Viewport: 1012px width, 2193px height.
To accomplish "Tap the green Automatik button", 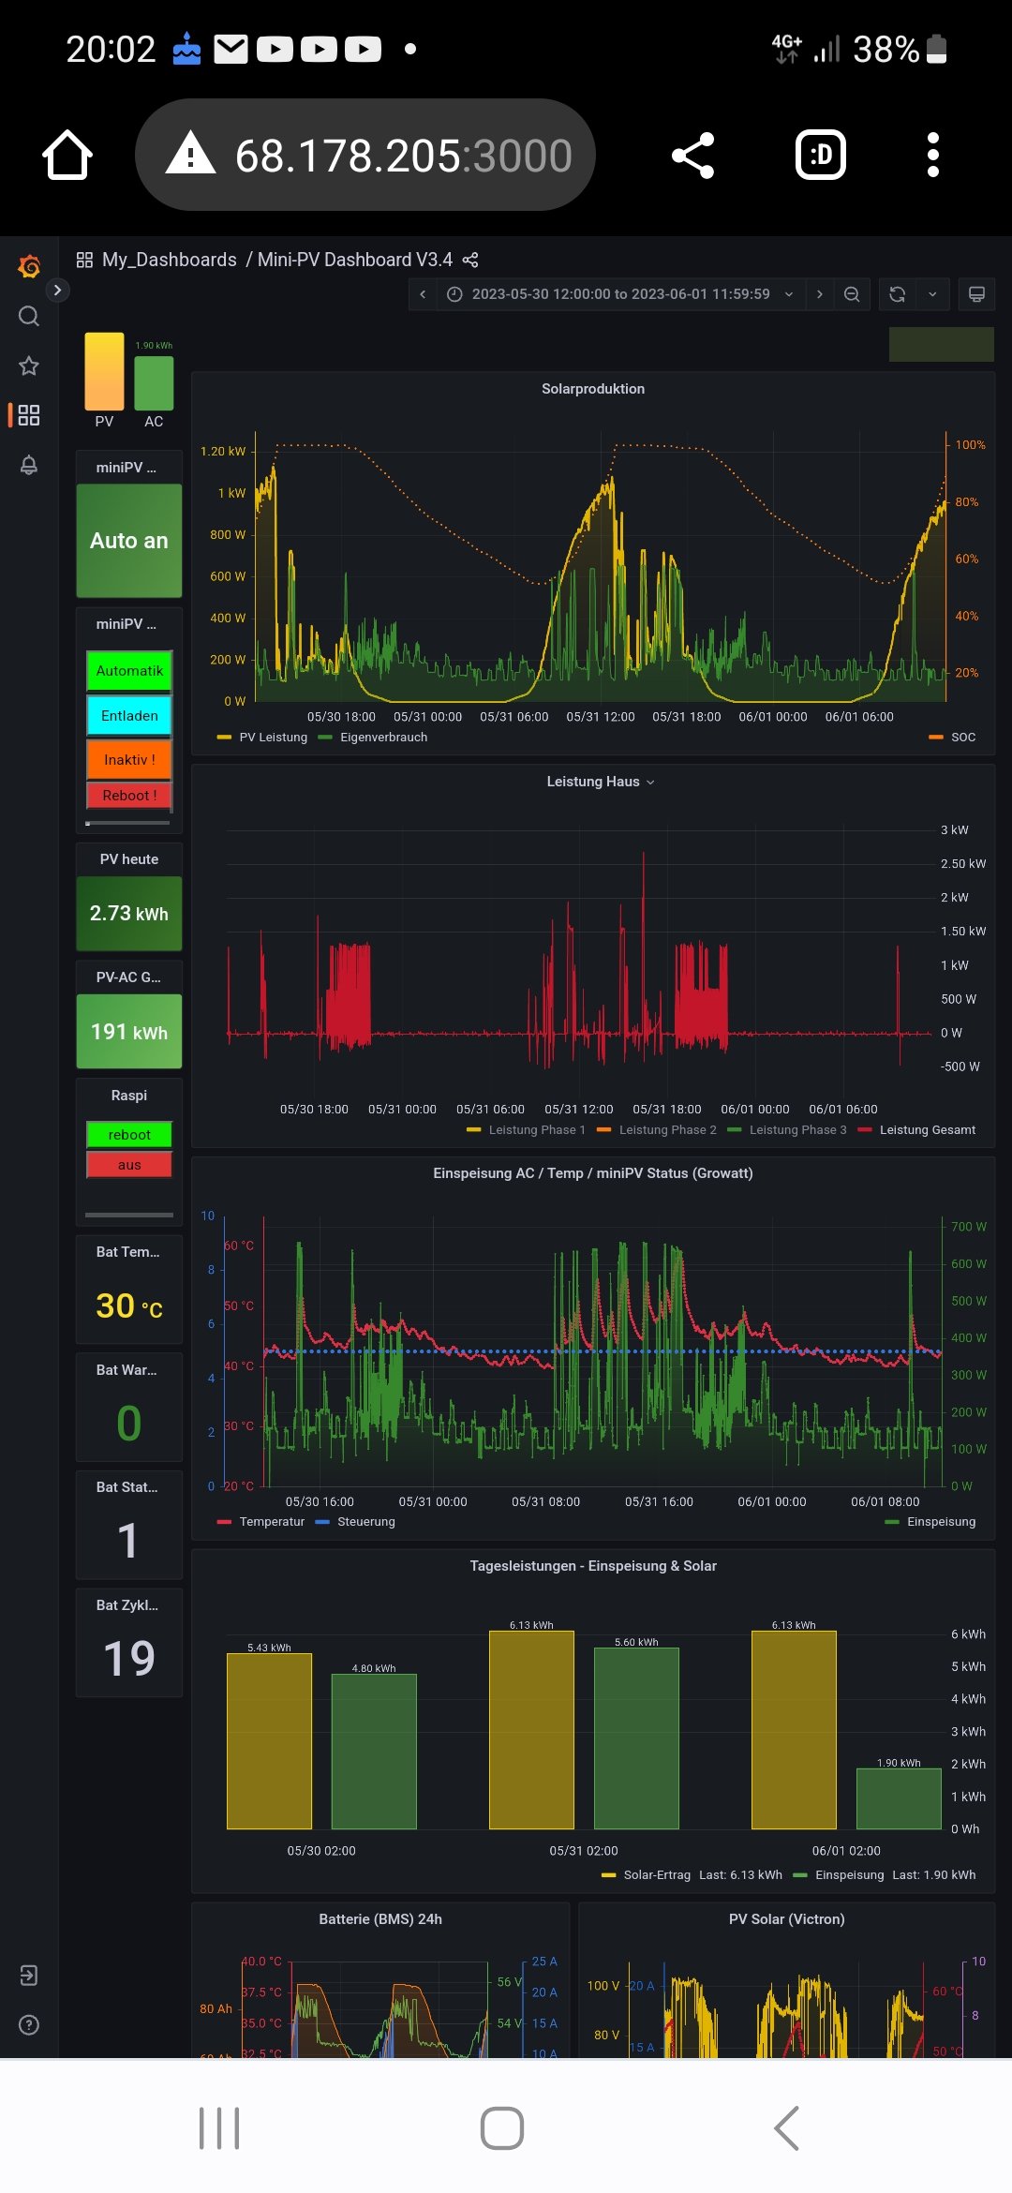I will [129, 671].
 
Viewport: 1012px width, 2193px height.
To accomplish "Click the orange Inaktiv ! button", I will [129, 759].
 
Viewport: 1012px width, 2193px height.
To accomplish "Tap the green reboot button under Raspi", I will [129, 1135].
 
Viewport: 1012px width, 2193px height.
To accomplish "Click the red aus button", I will [129, 1165].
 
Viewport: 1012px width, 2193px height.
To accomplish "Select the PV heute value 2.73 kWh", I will [129, 914].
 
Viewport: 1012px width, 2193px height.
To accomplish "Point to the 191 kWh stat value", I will [129, 1032].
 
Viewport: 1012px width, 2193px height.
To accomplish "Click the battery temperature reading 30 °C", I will [129, 1305].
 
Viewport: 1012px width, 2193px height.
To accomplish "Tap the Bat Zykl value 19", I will [129, 1658].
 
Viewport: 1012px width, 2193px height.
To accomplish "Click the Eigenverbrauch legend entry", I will [383, 738].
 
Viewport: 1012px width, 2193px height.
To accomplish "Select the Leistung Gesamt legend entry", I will [927, 1130].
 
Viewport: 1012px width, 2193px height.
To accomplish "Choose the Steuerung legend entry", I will [365, 1522].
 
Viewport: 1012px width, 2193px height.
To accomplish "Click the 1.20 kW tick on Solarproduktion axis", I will [223, 452].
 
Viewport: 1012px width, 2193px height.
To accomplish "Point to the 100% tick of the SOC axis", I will [970, 445].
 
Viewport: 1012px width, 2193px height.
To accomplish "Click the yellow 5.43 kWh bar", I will [269, 1741].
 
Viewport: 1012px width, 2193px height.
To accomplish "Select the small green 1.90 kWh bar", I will [899, 1798].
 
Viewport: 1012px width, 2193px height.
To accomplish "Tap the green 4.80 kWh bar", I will [374, 1751].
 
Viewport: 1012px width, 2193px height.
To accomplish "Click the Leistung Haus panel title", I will [593, 782].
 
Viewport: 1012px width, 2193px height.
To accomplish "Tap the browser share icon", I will [693, 156].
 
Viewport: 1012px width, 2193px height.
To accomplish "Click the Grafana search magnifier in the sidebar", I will [29, 316].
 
